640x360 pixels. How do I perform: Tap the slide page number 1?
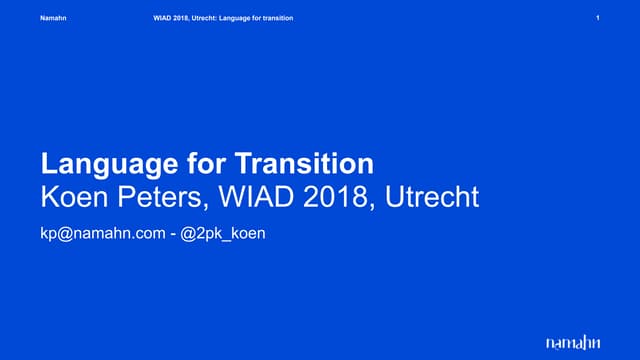[x=596, y=20]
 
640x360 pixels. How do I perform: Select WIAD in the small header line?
[x=152, y=20]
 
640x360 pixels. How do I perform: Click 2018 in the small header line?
[x=172, y=20]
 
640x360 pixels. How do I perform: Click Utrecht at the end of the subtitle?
[x=431, y=197]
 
